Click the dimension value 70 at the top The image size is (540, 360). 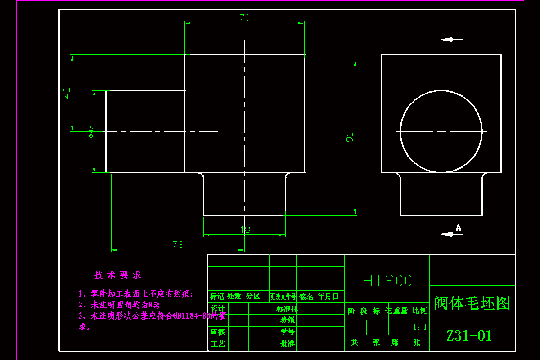(244, 18)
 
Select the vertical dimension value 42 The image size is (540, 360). (67, 93)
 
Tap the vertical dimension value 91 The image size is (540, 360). (350, 137)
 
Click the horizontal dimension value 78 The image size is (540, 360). (178, 245)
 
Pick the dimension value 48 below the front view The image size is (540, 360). (244, 229)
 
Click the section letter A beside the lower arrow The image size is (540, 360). (459, 228)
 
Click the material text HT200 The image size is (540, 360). (387, 281)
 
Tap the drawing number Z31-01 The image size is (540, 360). (469, 335)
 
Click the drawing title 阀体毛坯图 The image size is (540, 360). (472, 303)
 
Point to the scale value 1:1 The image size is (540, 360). (420, 328)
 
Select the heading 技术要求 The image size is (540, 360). (118, 275)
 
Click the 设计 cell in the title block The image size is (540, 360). (218, 308)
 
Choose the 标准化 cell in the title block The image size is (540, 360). (287, 309)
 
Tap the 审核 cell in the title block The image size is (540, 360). (218, 332)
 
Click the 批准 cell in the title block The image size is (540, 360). (287, 343)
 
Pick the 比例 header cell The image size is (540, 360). (420, 311)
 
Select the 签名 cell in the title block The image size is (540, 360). (306, 297)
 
